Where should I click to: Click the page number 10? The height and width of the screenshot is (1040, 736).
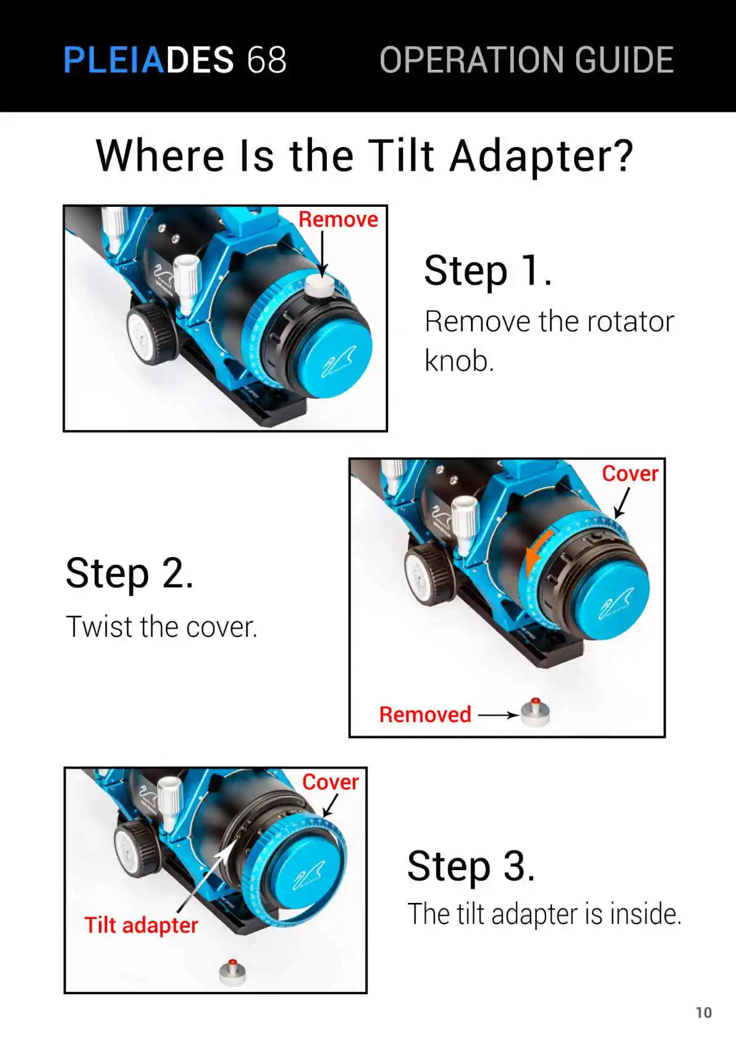[703, 1012]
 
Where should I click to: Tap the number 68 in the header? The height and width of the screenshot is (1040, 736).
[266, 59]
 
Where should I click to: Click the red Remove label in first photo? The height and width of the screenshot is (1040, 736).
[338, 219]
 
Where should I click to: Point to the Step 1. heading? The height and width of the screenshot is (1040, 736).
[488, 271]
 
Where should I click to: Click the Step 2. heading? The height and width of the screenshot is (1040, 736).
[129, 574]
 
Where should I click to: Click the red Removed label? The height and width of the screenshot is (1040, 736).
[425, 715]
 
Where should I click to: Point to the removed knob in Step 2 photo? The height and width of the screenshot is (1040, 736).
[535, 712]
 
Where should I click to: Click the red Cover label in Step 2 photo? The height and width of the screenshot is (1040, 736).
[630, 474]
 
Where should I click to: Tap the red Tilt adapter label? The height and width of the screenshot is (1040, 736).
[142, 925]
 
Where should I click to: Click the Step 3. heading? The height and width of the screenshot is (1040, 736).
[471, 866]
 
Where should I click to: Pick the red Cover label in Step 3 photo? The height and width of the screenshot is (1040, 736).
[331, 782]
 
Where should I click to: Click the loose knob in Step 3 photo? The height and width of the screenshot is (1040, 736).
[232, 971]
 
